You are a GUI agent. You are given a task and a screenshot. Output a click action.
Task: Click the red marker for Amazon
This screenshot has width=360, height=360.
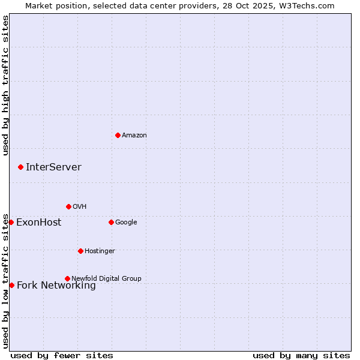point(118,135)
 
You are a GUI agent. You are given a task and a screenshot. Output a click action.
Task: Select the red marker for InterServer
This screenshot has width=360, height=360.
point(20,167)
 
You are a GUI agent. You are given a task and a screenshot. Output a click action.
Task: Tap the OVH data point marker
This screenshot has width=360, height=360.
point(68,206)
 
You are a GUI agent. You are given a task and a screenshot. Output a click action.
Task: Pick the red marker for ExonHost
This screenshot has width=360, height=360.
point(11,222)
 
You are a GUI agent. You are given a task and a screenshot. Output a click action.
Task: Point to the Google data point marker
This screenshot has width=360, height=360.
point(111,222)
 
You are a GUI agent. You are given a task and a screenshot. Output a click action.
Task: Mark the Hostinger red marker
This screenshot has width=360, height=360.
point(80,251)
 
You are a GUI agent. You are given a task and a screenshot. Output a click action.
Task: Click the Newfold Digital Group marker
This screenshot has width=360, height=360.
point(67,278)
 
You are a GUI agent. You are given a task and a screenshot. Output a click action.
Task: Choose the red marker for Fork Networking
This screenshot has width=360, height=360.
point(11,285)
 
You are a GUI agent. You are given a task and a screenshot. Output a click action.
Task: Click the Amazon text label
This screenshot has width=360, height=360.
point(134,135)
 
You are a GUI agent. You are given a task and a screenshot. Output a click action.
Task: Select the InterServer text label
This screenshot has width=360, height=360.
point(53,167)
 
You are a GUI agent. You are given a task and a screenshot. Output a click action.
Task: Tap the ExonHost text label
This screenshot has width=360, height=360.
point(38,222)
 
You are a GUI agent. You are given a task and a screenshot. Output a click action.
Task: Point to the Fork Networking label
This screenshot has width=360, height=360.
point(56,286)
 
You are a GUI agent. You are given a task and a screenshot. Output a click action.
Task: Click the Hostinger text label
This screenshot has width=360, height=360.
point(100,251)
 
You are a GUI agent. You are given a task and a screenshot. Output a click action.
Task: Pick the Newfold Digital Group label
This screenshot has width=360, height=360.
point(106,278)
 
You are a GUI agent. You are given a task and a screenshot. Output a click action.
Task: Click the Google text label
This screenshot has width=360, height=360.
point(126,222)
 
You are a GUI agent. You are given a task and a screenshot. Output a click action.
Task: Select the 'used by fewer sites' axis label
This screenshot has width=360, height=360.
point(62,355)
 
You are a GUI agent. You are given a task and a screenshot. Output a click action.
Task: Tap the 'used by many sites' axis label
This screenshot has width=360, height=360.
point(301,355)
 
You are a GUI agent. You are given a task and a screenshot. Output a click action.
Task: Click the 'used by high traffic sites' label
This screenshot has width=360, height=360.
point(6,85)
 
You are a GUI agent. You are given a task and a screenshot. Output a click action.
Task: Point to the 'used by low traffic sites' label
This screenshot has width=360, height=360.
point(6,281)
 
